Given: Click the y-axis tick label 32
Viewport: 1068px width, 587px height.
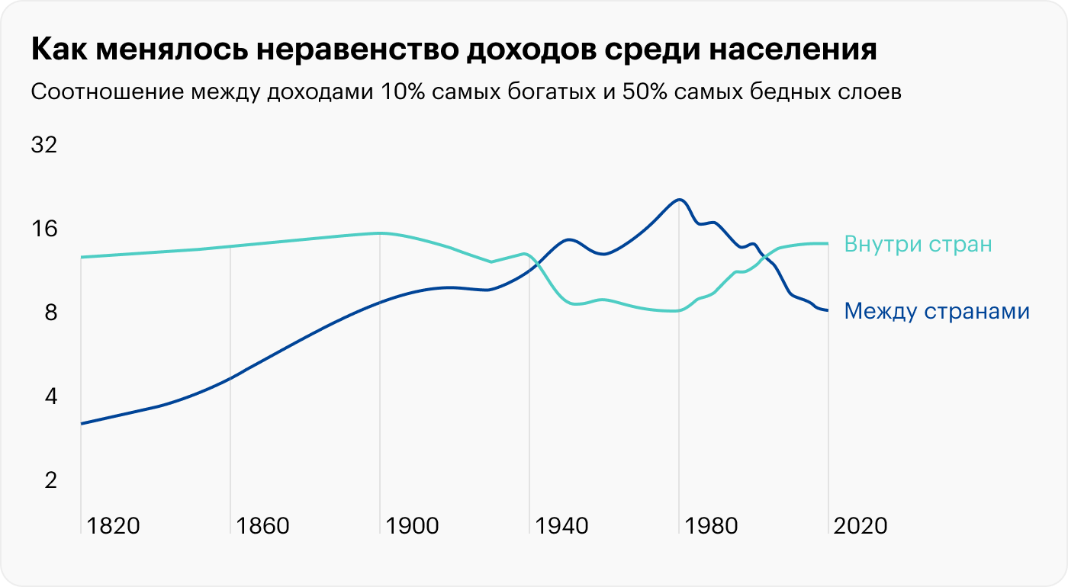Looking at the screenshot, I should tap(43, 145).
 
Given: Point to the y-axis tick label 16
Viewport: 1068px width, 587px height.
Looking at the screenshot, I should tap(43, 229).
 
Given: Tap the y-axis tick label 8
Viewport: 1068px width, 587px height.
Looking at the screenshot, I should tap(50, 313).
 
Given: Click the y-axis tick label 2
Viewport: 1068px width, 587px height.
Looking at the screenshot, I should tap(50, 480).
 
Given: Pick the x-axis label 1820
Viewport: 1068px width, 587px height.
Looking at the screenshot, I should tap(112, 526).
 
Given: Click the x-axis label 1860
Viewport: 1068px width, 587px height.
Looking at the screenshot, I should tap(262, 526).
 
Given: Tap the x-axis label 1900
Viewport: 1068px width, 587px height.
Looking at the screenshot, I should tap(411, 526).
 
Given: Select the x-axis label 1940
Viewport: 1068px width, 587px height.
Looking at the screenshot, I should tap(561, 526).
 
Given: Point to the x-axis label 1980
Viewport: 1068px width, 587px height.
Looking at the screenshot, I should tap(710, 526).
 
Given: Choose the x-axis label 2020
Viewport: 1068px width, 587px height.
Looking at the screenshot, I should tap(860, 526).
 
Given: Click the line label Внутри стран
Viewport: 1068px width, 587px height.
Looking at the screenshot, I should tap(918, 245).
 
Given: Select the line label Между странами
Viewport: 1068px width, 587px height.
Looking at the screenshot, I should tap(938, 312).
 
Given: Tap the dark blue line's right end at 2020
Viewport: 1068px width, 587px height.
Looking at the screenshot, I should tap(828, 310).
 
